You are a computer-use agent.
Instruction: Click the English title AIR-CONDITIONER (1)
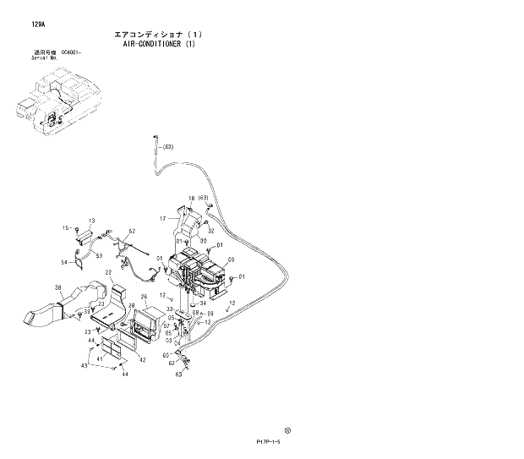pyautogui.click(x=157, y=44)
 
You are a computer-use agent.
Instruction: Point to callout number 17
pyautogui.click(x=165, y=219)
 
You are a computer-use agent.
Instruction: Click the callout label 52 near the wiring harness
pyautogui.click(x=132, y=231)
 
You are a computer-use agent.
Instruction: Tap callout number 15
pyautogui.click(x=65, y=228)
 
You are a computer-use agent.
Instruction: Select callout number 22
pyautogui.click(x=108, y=271)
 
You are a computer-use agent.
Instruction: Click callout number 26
pyautogui.click(x=144, y=297)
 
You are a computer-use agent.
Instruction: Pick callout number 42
pyautogui.click(x=143, y=360)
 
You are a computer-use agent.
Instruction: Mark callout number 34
pyautogui.click(x=203, y=302)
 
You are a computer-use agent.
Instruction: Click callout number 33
pyautogui.click(x=170, y=309)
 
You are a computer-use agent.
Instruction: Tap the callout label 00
pyautogui.click(x=231, y=260)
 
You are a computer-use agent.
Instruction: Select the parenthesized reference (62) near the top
pyautogui.click(x=167, y=147)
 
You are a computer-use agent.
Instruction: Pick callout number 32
pyautogui.click(x=210, y=230)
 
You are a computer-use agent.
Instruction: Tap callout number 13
pyautogui.click(x=91, y=221)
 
